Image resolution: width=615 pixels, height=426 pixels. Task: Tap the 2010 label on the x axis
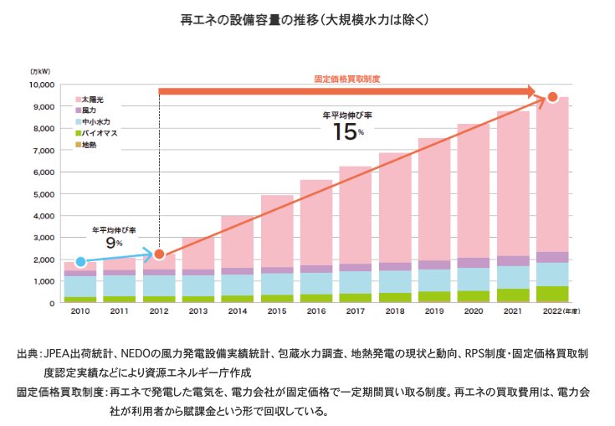click(x=80, y=311)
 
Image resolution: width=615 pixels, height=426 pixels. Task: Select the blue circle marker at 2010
click(x=80, y=262)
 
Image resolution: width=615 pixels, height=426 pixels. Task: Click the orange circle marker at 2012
click(x=160, y=254)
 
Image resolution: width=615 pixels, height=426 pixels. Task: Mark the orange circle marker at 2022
click(x=552, y=98)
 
